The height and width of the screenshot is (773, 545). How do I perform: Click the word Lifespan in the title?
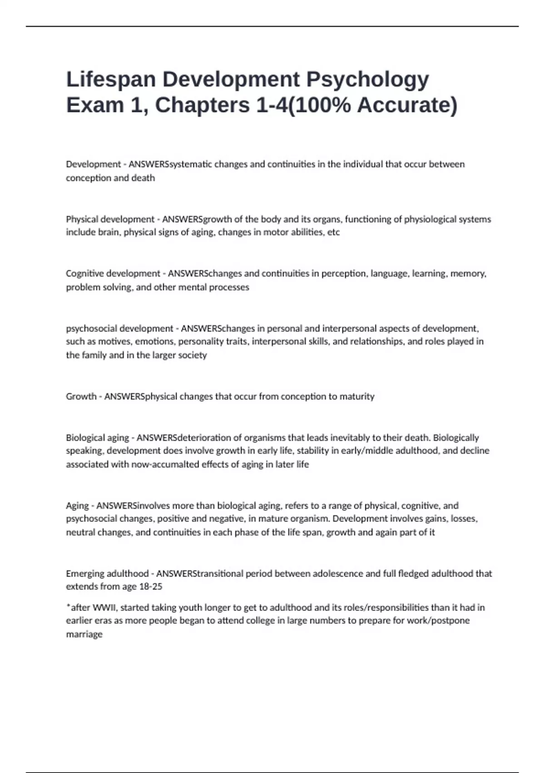tap(111, 80)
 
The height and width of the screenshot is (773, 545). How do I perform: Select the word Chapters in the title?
tap(203, 105)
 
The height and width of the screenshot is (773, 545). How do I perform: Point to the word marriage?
tap(84, 634)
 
